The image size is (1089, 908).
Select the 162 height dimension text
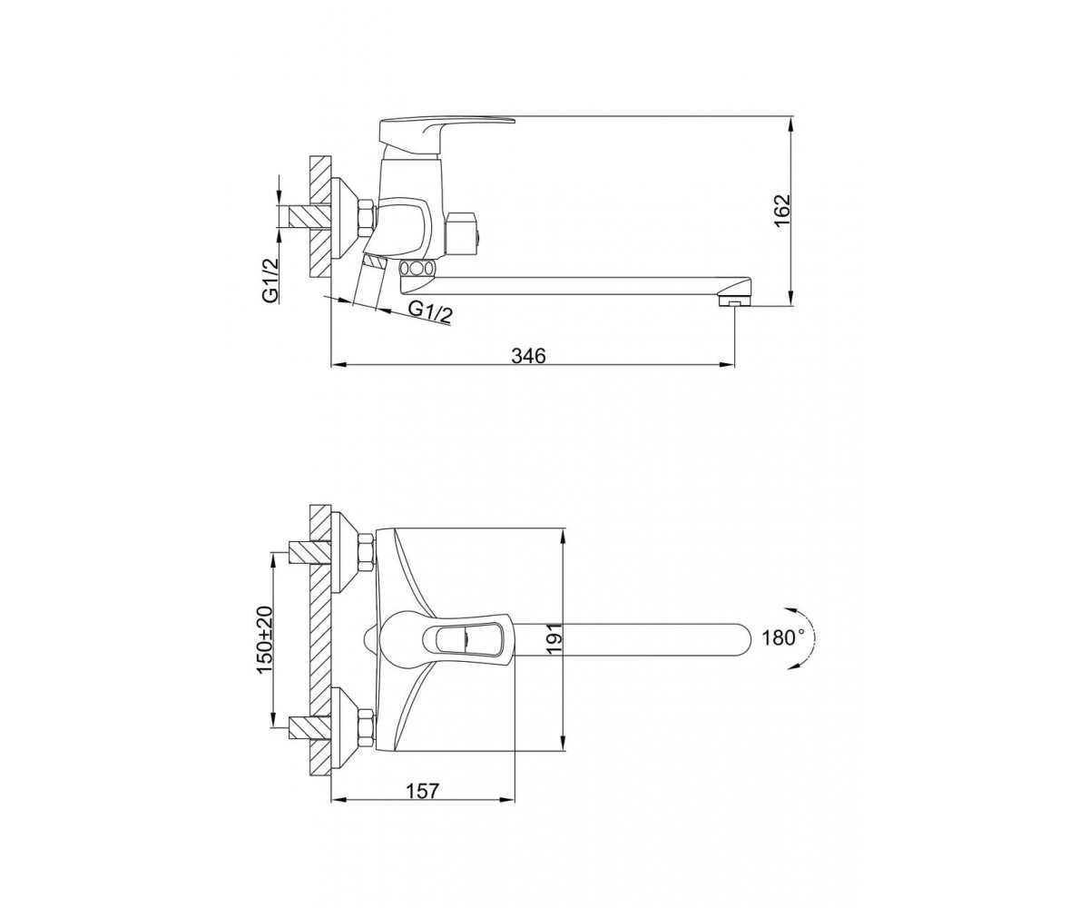tap(782, 211)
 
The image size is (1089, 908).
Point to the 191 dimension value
tap(554, 637)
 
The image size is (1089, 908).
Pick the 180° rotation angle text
tap(783, 637)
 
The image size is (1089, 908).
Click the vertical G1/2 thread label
tap(271, 281)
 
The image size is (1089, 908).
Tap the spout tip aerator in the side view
tap(734, 301)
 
